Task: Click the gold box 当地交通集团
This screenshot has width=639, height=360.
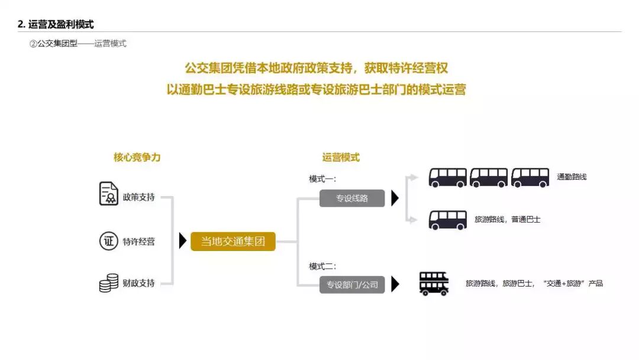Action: (x=233, y=242)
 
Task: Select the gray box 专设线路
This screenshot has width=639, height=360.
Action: (x=352, y=198)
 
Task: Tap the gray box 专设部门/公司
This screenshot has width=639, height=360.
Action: (x=352, y=285)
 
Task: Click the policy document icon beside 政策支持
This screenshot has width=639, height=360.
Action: (x=109, y=194)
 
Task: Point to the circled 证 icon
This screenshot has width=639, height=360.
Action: (x=108, y=241)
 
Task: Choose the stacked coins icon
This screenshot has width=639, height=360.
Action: (x=108, y=283)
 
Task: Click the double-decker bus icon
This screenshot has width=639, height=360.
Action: (x=434, y=284)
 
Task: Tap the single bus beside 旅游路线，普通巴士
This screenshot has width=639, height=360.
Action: (x=447, y=220)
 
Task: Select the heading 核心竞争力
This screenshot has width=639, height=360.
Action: (x=137, y=157)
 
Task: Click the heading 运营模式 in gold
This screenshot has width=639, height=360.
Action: (x=341, y=157)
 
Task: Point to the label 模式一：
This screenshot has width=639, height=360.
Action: (x=322, y=179)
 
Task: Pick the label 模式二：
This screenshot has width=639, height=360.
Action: (x=322, y=266)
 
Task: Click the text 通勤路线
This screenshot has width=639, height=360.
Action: (x=572, y=177)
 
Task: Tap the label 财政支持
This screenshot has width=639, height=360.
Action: (x=139, y=283)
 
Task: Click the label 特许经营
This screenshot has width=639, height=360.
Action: (x=139, y=242)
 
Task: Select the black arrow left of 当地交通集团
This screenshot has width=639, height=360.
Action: (x=183, y=241)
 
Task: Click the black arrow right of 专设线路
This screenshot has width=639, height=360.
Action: (x=395, y=198)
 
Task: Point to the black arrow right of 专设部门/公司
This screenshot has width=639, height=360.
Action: (x=395, y=285)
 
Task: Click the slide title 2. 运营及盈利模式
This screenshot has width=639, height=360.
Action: (x=56, y=24)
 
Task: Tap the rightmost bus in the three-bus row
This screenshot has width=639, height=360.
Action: (x=530, y=177)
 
